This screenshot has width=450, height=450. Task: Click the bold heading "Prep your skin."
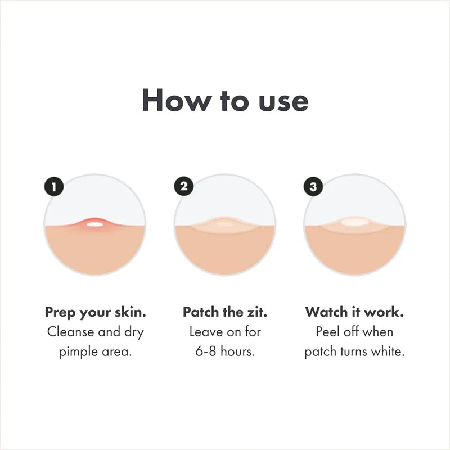pyautogui.click(x=95, y=312)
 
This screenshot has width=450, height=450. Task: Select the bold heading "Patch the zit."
pyautogui.click(x=225, y=312)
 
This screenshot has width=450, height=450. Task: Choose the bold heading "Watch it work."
pyautogui.click(x=355, y=312)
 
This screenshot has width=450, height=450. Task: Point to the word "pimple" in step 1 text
pyautogui.click(x=78, y=352)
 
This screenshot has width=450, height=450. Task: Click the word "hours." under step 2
pyautogui.click(x=238, y=352)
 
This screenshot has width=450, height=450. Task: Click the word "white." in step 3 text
pyautogui.click(x=388, y=352)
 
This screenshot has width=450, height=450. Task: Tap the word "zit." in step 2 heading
pyautogui.click(x=255, y=312)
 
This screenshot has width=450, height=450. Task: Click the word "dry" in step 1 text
pyautogui.click(x=133, y=332)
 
